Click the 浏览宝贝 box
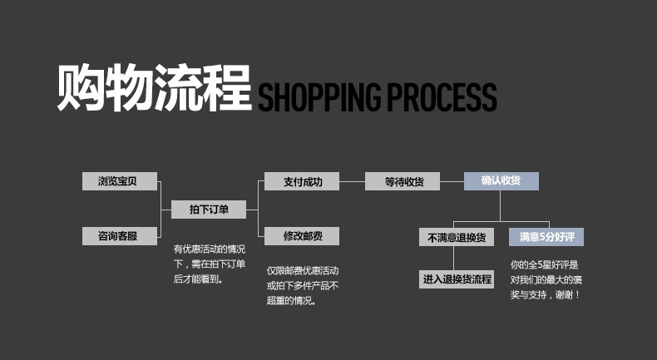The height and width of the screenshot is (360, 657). click(x=120, y=181)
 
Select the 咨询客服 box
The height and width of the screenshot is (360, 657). click(x=120, y=236)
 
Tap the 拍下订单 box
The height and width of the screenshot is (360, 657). click(x=209, y=210)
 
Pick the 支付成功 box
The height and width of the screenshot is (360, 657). click(x=302, y=181)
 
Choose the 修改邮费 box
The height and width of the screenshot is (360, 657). click(x=302, y=236)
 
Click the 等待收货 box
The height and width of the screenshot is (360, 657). click(x=403, y=181)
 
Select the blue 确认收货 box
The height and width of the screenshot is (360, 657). click(x=501, y=181)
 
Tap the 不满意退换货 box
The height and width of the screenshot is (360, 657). click(x=457, y=237)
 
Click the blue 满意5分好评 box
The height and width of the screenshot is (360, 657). click(x=546, y=237)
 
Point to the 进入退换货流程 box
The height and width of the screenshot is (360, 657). click(x=457, y=279)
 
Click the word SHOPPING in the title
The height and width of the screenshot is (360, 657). click(x=319, y=96)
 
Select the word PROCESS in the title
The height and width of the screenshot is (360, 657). click(x=442, y=96)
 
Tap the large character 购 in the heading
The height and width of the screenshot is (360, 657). click(x=81, y=87)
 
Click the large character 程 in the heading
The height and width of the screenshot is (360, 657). click(x=227, y=87)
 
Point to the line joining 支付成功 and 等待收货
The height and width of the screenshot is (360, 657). click(x=352, y=181)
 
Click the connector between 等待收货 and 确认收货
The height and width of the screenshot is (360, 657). click(x=452, y=181)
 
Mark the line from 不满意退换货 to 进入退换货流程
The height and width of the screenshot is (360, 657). click(x=453, y=259)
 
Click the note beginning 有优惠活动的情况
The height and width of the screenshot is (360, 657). click(x=210, y=264)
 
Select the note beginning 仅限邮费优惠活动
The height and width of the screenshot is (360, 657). click(x=303, y=286)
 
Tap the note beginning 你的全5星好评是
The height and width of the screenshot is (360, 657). click(x=546, y=279)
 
